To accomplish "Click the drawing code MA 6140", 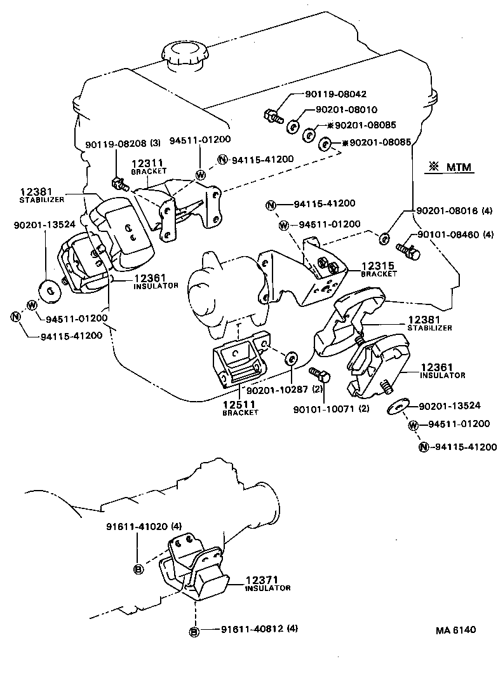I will [x=455, y=630].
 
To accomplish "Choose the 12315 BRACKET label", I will [x=379, y=268].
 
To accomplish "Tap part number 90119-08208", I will [x=112, y=144].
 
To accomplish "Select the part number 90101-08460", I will [x=450, y=235].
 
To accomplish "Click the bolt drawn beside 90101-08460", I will [x=408, y=248].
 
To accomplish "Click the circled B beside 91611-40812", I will [x=194, y=631].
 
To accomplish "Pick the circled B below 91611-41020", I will [x=137, y=569].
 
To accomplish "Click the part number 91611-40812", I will [x=250, y=629].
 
